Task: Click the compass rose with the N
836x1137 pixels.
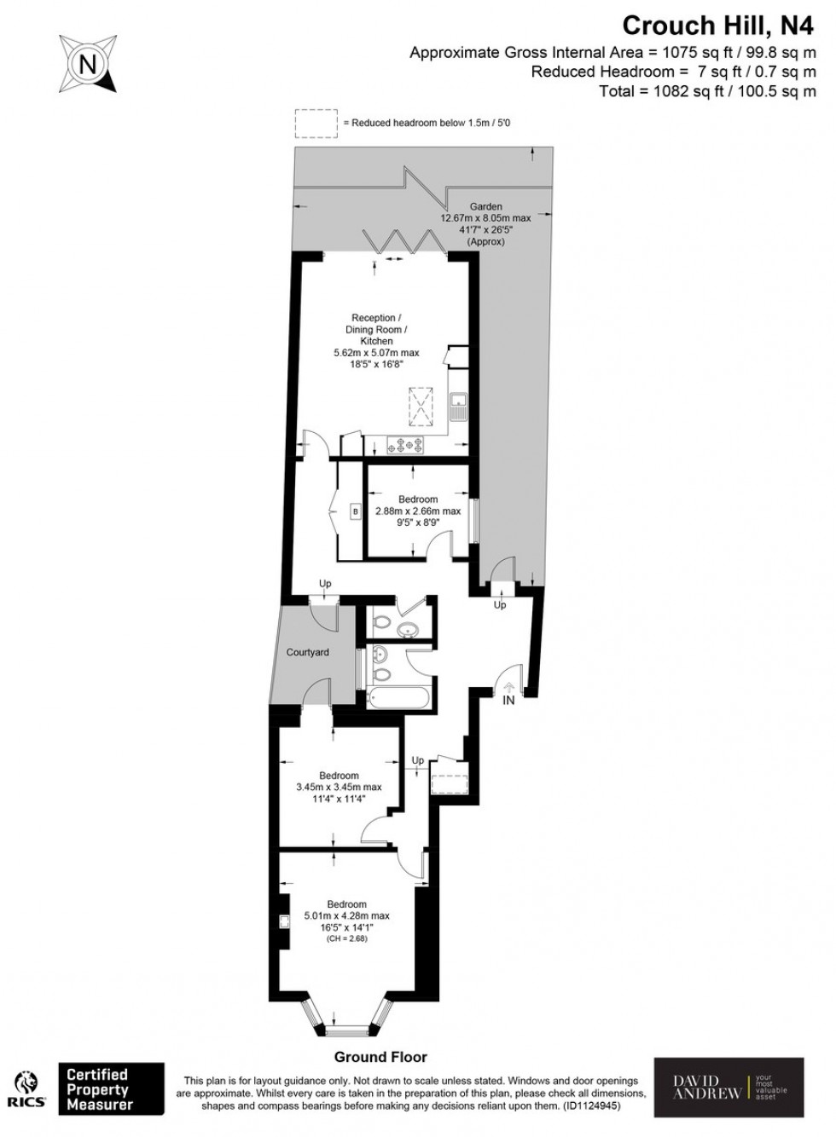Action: [x=87, y=61]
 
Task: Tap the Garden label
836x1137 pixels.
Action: [x=485, y=206]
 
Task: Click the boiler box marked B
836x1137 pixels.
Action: [x=356, y=511]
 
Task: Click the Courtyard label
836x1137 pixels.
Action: [x=307, y=652]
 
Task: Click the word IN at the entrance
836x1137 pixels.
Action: [x=508, y=701]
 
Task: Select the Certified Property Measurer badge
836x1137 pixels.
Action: [x=110, y=1088]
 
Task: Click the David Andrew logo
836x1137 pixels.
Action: [x=729, y=1088]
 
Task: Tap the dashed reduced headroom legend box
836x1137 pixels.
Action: [x=316, y=124]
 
